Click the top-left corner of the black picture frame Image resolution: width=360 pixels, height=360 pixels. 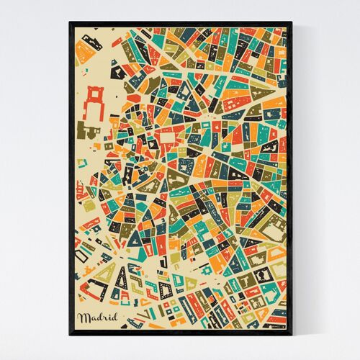(x=70, y=23)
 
